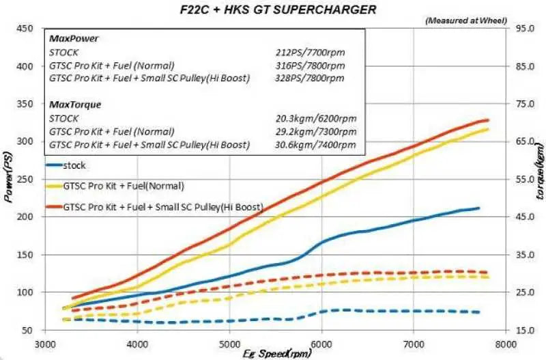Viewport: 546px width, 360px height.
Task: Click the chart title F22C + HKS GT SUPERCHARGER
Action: pos(274,9)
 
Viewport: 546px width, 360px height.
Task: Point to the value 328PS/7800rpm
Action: pos(313,79)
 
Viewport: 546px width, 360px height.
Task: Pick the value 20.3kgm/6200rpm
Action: pos(312,119)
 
